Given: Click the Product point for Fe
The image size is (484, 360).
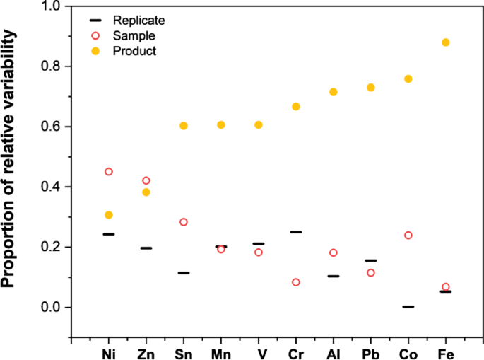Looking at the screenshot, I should point(445,42).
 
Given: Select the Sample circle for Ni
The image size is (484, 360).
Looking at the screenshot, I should point(109,172).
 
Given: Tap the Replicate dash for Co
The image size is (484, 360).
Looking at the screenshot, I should point(408,307).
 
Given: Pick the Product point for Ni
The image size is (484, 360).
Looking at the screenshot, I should point(109,215).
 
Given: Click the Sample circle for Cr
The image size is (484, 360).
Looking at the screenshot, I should point(296,282).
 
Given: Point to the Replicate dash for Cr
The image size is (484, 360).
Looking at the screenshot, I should point(296,232).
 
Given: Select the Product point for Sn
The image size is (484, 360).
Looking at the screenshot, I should point(184,126).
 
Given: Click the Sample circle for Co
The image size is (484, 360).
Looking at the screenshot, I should point(408,236).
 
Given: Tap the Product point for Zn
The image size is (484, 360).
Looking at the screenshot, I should point(146,192).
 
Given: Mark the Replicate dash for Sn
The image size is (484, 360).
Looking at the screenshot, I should point(184,273).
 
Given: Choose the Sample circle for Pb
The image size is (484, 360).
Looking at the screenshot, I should point(370,273).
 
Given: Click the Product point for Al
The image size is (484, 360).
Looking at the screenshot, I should point(333,92).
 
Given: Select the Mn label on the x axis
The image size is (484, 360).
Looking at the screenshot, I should point(220,352).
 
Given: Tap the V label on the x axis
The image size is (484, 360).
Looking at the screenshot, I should point(259,352).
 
